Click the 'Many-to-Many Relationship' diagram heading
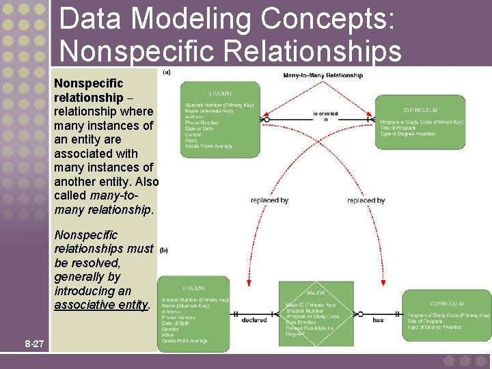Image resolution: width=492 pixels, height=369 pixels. pos(323,74)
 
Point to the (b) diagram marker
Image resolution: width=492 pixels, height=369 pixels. pos(164,250)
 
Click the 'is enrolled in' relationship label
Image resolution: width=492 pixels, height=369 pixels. pos(325,116)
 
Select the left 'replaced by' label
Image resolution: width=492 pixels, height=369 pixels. pos(269,200)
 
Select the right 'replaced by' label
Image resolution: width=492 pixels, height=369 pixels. pos(366,200)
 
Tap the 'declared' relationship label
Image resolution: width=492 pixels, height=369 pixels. pos(254,319)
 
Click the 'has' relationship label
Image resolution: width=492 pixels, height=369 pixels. pos(378,319)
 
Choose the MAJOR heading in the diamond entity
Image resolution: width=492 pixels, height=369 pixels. pos(316,293)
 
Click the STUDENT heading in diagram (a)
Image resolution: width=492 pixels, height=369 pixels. pos(220,93)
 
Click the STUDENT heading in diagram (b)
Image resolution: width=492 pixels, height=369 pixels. pos(193,288)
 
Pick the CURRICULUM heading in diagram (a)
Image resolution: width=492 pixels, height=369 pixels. pos(421,109)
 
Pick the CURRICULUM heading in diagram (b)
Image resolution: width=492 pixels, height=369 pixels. pos(447,303)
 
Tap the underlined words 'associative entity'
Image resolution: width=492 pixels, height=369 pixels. pos(101,305)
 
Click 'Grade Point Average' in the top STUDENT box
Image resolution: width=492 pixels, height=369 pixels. pos(208,146)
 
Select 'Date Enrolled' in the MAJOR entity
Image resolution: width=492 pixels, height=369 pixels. pos(301,322)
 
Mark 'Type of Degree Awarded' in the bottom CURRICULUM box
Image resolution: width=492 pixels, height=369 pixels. pos(435,327)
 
